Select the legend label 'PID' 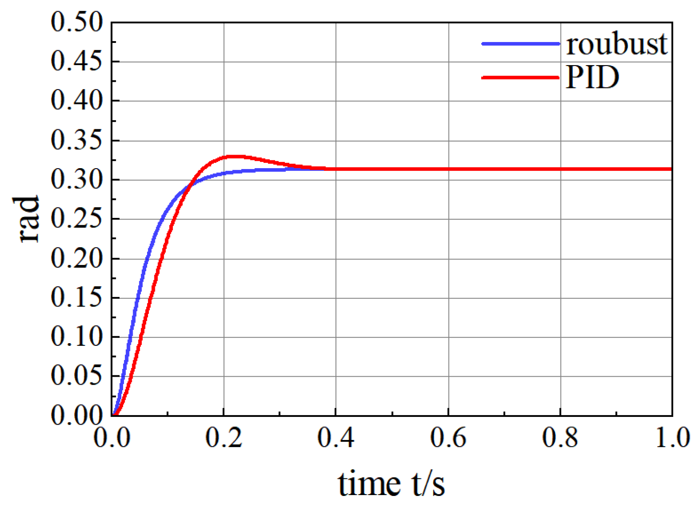pyautogui.click(x=592, y=77)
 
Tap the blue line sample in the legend pyautogui.click(x=521, y=44)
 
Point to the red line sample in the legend pyautogui.click(x=521, y=78)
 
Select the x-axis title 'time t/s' pyautogui.click(x=391, y=483)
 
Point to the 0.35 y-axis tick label pyautogui.click(x=77, y=140)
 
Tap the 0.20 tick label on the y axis pyautogui.click(x=77, y=259)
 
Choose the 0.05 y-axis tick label pyautogui.click(x=77, y=376)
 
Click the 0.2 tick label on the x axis pyautogui.click(x=224, y=438)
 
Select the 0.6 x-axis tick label pyautogui.click(x=448, y=438)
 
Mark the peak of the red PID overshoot pyautogui.click(x=235, y=156)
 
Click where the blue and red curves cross pyautogui.click(x=192, y=184)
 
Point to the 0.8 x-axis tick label pyautogui.click(x=560, y=438)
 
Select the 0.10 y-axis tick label pyautogui.click(x=77, y=337)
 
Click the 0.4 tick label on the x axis pyautogui.click(x=336, y=438)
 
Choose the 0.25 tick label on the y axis pyautogui.click(x=77, y=219)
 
